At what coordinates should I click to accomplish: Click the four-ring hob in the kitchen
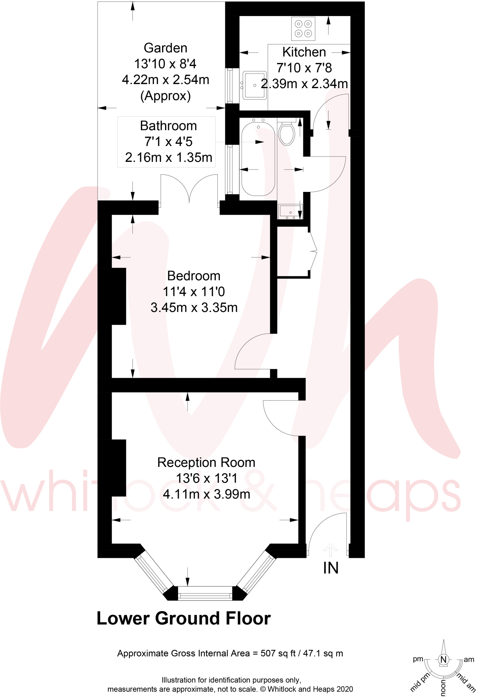point(303,29)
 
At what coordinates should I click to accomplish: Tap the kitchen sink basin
point(254,85)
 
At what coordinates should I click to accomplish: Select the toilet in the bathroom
point(287,133)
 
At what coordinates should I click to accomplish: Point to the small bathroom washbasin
point(290,211)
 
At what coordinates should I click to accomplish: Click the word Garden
point(165,48)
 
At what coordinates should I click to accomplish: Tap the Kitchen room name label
point(304,52)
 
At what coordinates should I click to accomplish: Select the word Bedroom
point(194,276)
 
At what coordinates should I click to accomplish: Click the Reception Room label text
point(206,463)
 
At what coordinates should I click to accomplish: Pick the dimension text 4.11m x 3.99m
point(206,494)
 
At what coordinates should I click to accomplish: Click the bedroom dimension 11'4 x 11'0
point(194,292)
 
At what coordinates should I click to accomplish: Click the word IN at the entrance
point(331,568)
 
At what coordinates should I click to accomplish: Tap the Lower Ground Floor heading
point(183,618)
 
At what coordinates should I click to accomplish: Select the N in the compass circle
point(443,660)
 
